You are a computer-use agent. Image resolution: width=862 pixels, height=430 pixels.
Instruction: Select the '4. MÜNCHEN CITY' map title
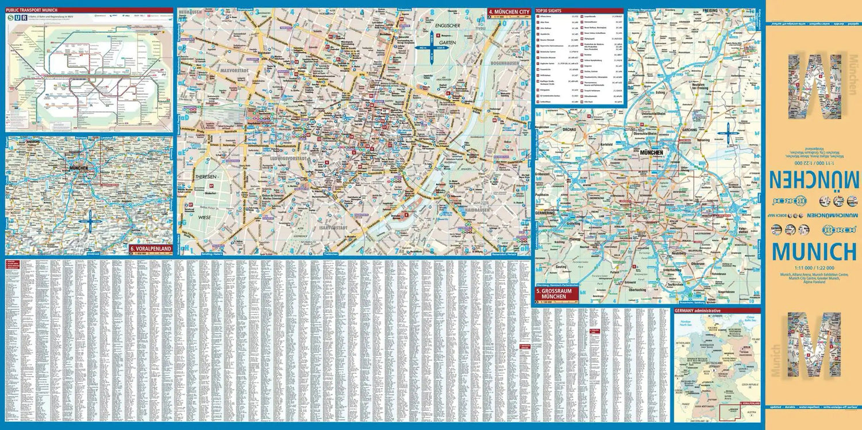(509, 11)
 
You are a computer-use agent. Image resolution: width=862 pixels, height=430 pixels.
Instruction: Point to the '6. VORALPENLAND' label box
(151, 249)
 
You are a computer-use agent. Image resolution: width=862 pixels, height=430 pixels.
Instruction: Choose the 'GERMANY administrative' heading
(698, 311)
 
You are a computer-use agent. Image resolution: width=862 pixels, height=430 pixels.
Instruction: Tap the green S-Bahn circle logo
(12, 18)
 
